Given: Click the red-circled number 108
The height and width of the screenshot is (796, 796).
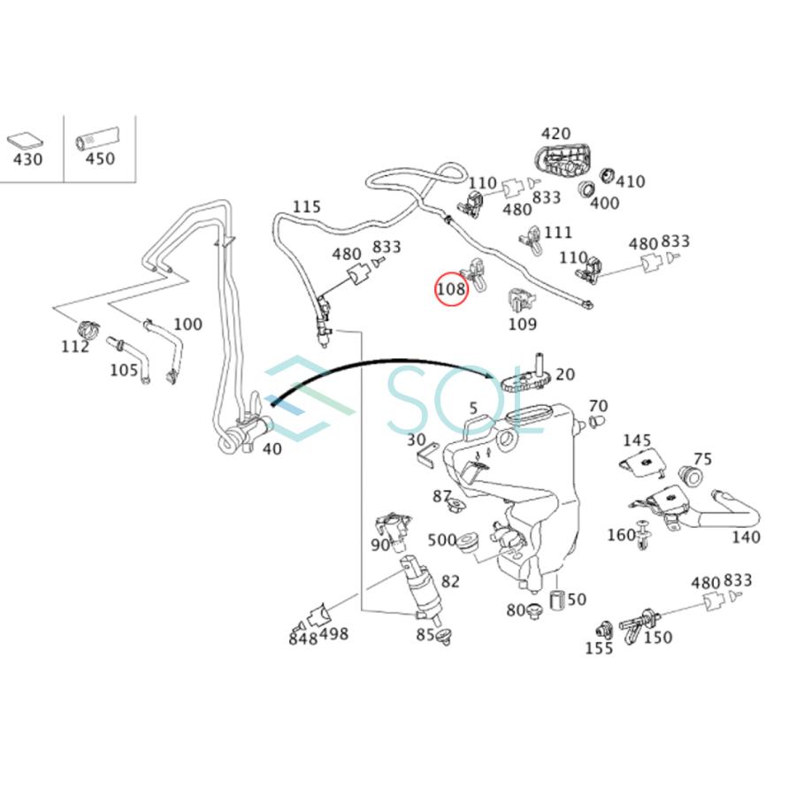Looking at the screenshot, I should [x=450, y=289].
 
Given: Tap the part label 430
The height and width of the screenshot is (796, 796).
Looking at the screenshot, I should [x=27, y=160].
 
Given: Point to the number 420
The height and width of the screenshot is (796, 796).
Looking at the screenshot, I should [x=555, y=134].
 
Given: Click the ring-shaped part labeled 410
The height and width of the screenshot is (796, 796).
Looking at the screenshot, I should [x=608, y=175].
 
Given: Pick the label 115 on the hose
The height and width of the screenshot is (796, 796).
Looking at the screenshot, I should [x=306, y=207].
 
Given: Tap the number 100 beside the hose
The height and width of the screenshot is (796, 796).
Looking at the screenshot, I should [x=188, y=325].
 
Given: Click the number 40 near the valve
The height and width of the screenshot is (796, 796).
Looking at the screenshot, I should [x=272, y=448].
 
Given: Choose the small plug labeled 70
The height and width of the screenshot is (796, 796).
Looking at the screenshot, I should [x=598, y=420].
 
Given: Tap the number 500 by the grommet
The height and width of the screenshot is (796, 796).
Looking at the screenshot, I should [x=442, y=540].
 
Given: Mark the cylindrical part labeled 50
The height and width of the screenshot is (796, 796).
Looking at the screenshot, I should [x=557, y=601].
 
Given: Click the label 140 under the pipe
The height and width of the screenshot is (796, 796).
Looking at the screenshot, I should [x=746, y=537].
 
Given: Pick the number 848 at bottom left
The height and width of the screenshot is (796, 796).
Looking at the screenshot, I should [x=302, y=639].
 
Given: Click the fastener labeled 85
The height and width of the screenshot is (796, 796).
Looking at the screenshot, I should [x=444, y=634].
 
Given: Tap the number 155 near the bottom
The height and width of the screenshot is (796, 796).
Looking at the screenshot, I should [x=599, y=647].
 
